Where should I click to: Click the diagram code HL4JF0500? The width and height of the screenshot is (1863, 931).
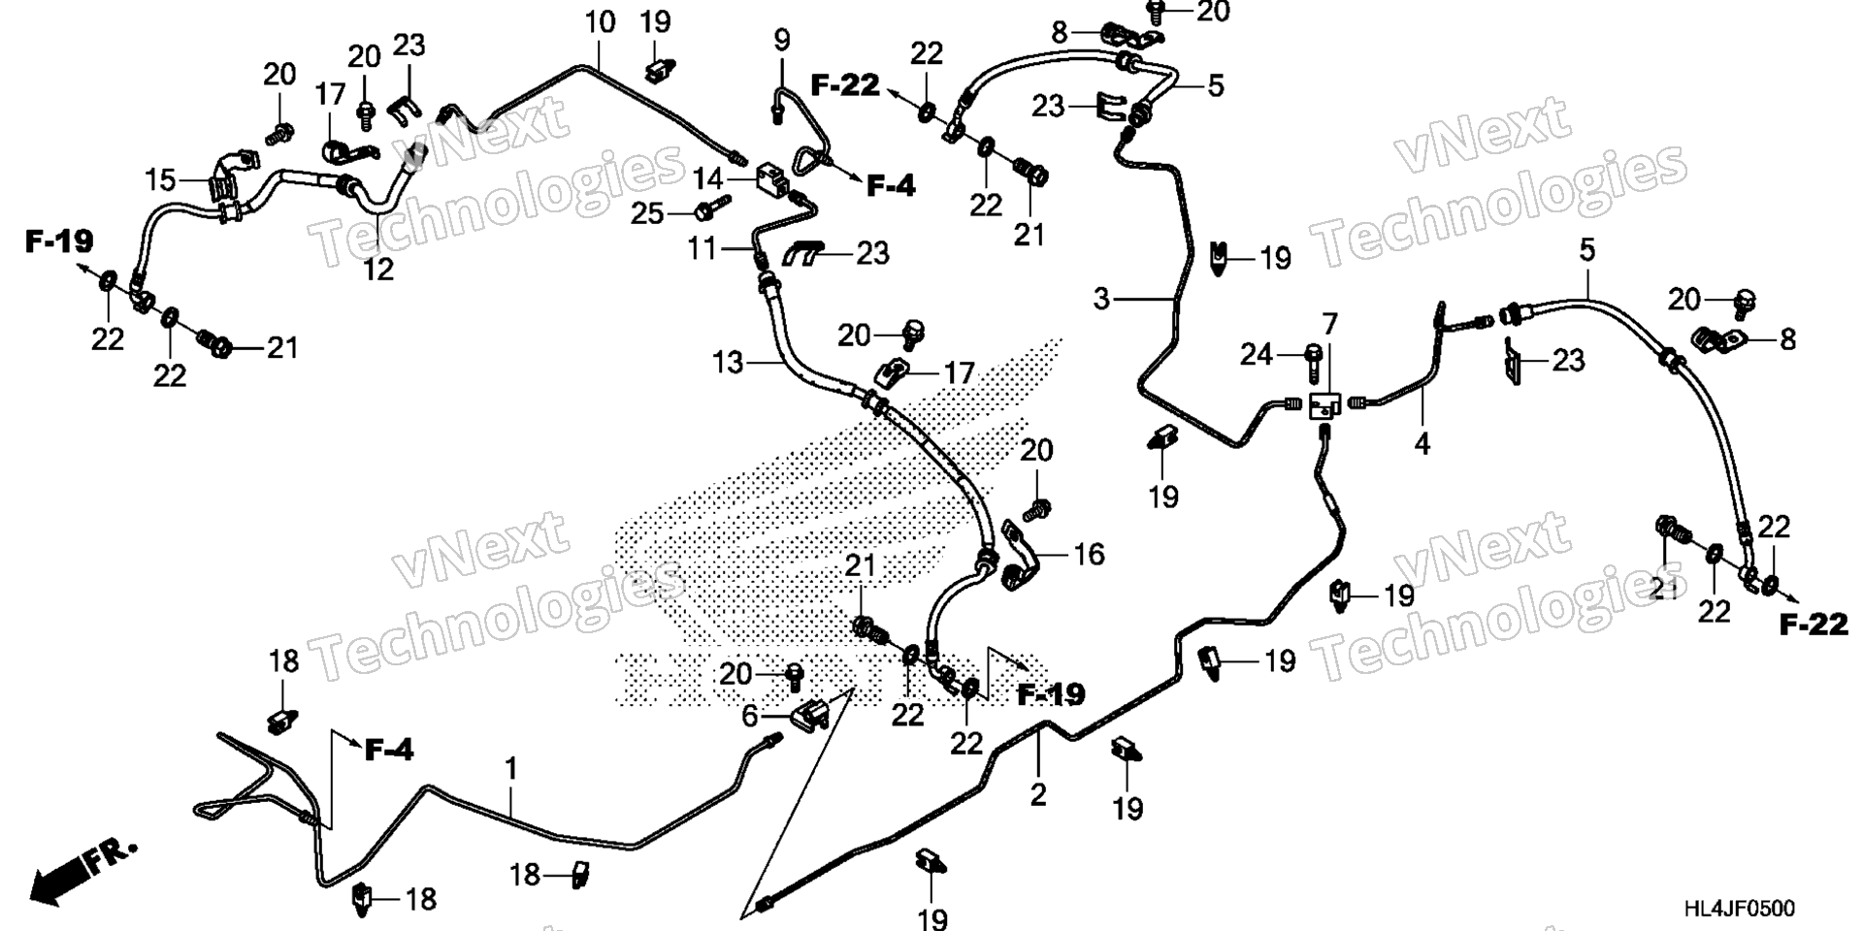click(x=1739, y=909)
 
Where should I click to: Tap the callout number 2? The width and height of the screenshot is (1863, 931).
click(x=1038, y=795)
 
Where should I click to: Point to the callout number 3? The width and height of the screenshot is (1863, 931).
click(x=1101, y=299)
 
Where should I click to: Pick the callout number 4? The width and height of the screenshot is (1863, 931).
click(x=1422, y=444)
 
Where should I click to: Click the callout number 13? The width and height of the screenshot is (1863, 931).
click(x=727, y=363)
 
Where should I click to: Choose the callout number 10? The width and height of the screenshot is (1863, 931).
click(x=601, y=21)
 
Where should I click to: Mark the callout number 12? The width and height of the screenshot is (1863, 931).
click(x=378, y=269)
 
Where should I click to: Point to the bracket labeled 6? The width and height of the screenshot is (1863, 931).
click(x=811, y=717)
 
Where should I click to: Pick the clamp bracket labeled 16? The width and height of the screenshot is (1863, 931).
click(x=1018, y=557)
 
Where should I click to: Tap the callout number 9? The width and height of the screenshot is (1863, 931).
click(x=781, y=41)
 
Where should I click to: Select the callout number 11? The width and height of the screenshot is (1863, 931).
click(x=703, y=249)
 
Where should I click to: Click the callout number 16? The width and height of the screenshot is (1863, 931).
click(x=1089, y=554)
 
